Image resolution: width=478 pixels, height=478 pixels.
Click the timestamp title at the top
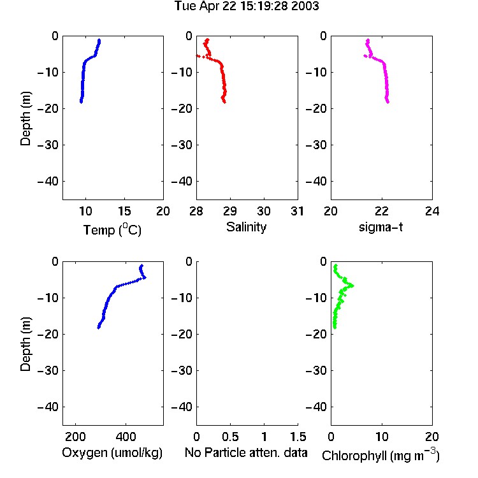[x=247, y=6]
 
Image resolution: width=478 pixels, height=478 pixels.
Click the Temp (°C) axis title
[x=112, y=229]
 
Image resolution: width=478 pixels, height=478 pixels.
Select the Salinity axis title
[x=246, y=227]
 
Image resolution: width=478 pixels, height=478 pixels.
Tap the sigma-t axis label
[x=380, y=227]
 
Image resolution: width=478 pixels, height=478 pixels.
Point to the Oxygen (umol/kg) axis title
[x=112, y=453]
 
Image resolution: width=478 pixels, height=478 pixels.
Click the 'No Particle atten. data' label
[x=246, y=453]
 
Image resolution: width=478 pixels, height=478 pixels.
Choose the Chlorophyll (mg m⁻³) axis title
[x=380, y=454]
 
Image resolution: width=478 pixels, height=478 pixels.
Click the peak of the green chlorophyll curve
[x=352, y=286]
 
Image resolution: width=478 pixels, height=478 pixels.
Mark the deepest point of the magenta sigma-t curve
[x=387, y=102]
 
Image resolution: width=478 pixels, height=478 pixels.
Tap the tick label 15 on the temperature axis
[x=124, y=211]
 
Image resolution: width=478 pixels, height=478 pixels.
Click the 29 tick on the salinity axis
[x=230, y=211]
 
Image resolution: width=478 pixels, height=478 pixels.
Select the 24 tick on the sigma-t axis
[x=432, y=211]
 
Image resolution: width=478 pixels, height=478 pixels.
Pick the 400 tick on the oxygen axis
[x=126, y=437]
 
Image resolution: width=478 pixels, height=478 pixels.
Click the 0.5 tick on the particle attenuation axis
[x=230, y=437]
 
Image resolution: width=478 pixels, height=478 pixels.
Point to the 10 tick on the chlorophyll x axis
[x=382, y=437]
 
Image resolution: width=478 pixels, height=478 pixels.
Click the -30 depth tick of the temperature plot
[x=48, y=145]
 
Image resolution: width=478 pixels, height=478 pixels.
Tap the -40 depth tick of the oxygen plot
[x=48, y=407]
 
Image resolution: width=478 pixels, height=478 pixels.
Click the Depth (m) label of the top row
[x=25, y=119]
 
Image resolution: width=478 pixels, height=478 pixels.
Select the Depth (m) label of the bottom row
[x=25, y=344]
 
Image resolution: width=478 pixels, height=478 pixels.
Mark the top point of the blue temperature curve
[x=99, y=40]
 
